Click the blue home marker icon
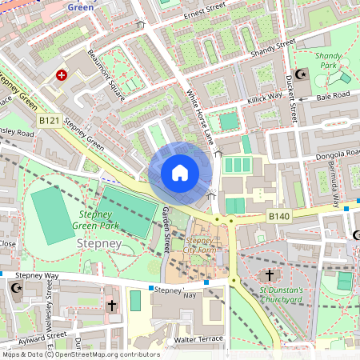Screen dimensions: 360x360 point(180,172)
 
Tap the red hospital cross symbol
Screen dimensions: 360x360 point(62,75)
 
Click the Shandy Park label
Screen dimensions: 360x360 point(311,62)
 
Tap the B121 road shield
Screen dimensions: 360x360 point(50,120)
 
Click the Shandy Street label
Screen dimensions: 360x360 point(273,48)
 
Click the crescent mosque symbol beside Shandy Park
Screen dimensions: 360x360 point(302,74)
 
